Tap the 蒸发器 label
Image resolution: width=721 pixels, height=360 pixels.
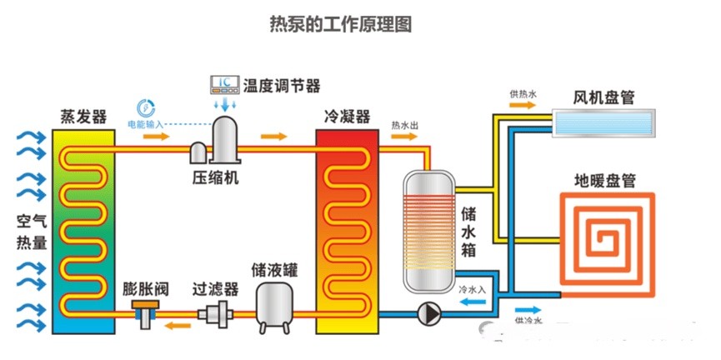tap(83, 117)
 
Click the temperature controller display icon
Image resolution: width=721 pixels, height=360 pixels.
tap(224, 84)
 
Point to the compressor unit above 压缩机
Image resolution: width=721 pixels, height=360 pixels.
tap(223, 140)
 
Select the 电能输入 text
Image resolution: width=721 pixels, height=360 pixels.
tap(145, 124)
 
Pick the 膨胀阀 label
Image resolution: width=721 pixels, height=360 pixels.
tap(147, 290)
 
